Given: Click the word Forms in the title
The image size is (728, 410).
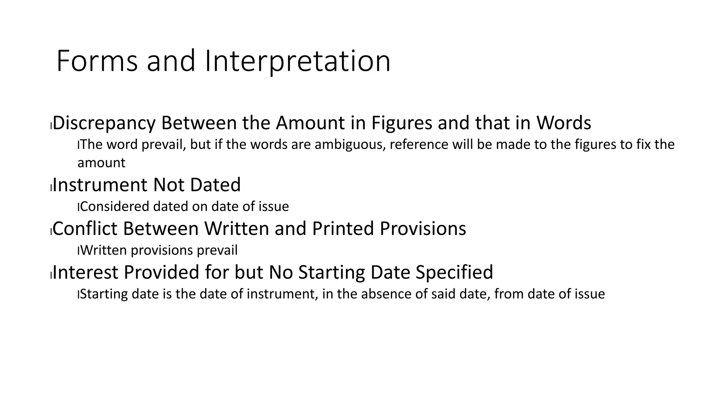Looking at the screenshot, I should (97, 61).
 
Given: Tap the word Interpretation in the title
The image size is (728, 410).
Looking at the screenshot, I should (298, 61).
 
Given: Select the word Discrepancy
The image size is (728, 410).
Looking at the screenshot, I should (104, 123).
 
